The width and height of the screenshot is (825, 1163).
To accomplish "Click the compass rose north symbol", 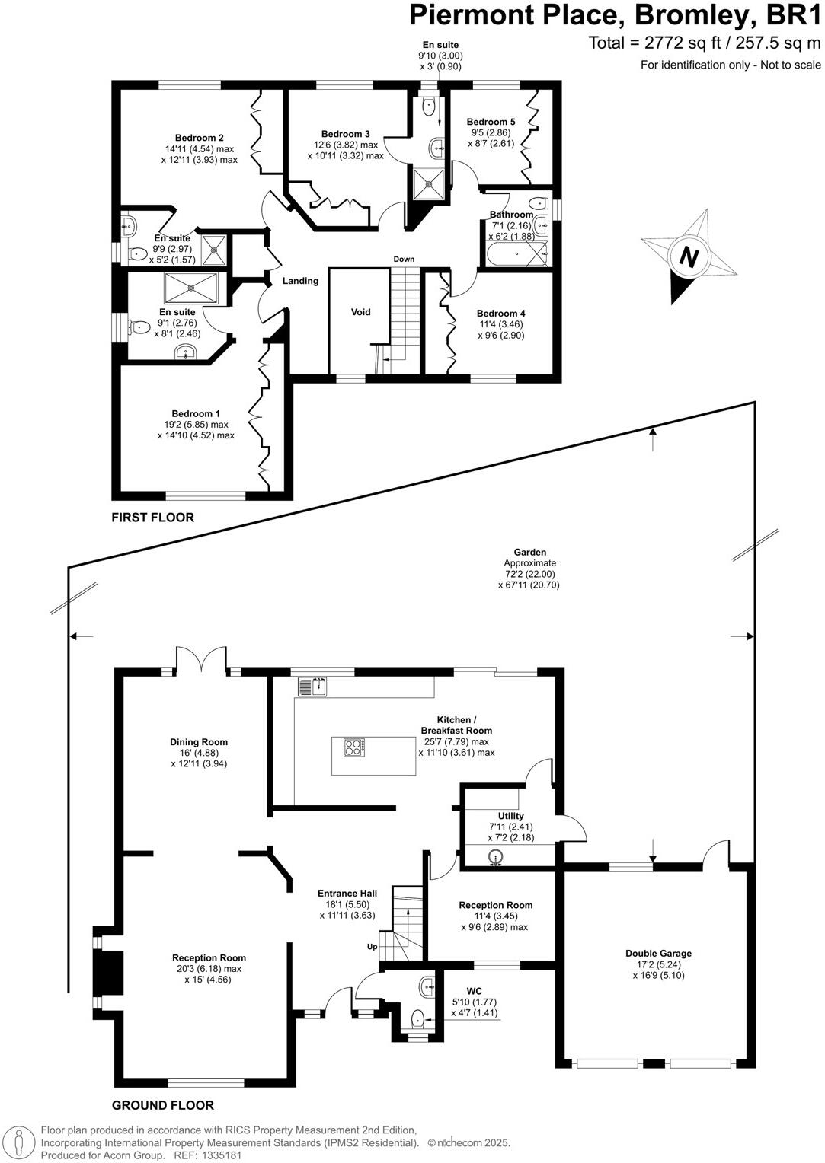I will pos(689,257).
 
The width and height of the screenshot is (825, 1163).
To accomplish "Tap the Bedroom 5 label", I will pos(491,122).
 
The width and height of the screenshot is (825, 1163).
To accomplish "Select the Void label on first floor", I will pos(360,312).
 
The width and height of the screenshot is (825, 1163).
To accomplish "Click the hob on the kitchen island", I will pos(355,747).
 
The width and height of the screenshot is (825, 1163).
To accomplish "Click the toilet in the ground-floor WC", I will pos(417,1018).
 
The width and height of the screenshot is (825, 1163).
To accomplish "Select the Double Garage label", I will pos(658,953).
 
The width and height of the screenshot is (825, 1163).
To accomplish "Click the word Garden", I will pos(529,553).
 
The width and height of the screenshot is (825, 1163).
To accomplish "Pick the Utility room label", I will pos(510,816).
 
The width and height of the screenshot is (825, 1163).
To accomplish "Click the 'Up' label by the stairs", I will pos(373,947).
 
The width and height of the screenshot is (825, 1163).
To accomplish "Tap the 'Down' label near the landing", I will pos(404,260).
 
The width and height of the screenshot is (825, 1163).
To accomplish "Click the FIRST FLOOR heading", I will pos(153,518).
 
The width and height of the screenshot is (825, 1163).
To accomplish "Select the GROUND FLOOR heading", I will pos(163,1105).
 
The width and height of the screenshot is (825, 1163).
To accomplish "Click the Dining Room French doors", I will pos(201,659).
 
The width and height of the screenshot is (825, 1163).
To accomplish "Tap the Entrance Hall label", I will pos(347,894).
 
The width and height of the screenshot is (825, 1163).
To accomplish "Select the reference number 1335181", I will pos(220,1155).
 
